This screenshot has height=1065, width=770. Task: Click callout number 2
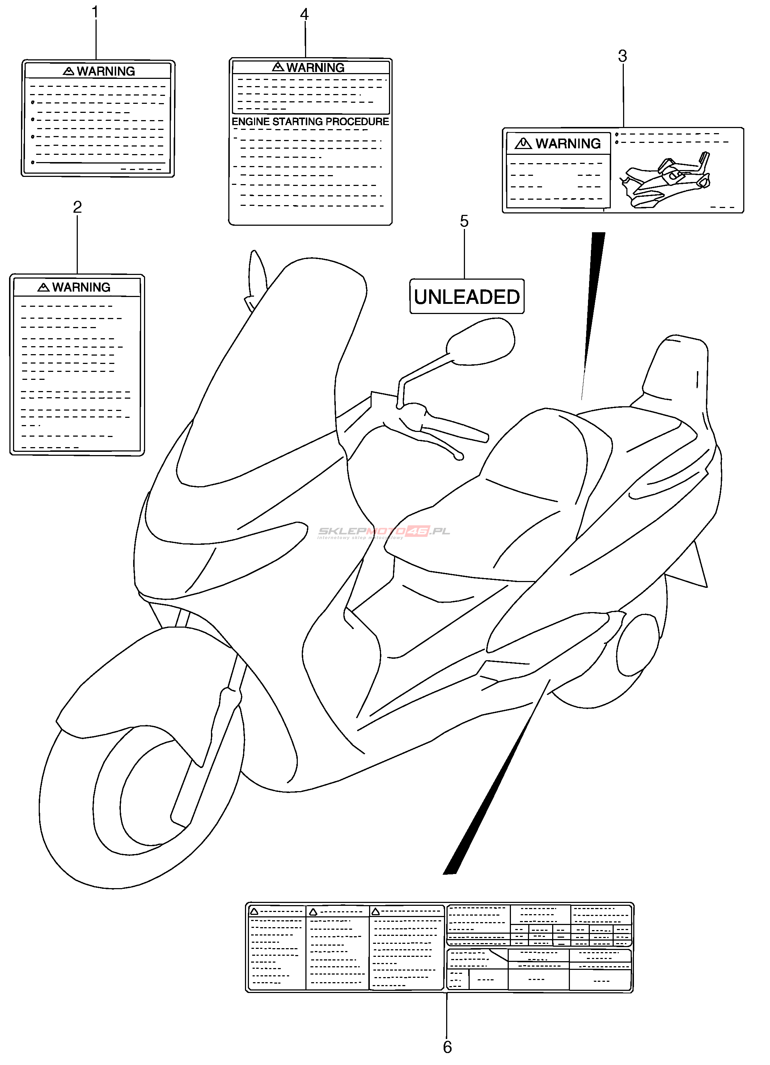coord(77,207)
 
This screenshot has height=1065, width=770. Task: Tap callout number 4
coord(304,14)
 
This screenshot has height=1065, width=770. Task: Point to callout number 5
coord(464,221)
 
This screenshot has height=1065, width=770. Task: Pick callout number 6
coord(447,1047)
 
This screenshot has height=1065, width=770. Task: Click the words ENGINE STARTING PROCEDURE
coord(310,122)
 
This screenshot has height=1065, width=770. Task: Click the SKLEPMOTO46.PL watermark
coord(384,532)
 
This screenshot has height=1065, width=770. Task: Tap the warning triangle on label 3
coord(523,143)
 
